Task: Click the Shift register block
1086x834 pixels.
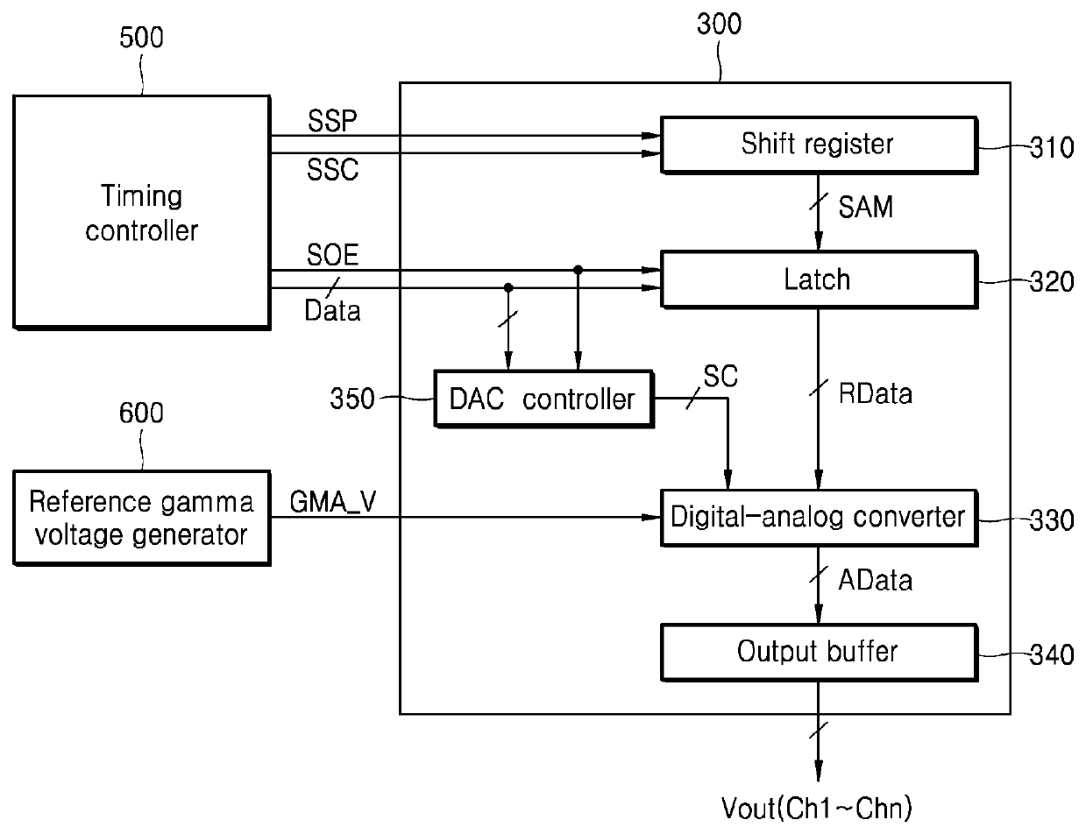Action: click(x=819, y=145)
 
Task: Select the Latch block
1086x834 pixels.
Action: click(x=819, y=279)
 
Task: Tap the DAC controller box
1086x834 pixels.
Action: click(x=543, y=399)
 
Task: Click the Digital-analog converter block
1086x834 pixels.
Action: click(x=819, y=518)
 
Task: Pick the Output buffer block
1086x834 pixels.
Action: click(x=819, y=652)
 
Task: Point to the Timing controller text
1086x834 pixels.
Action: click(x=141, y=213)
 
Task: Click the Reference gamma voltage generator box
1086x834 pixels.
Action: click(x=141, y=518)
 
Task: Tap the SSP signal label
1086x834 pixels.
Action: click(x=332, y=120)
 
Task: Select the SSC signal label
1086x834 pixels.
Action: click(x=332, y=169)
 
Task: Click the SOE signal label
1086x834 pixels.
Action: click(x=332, y=255)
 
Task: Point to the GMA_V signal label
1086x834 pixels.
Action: click(x=333, y=502)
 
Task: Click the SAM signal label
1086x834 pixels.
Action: click(x=866, y=207)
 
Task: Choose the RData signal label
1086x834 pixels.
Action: click(x=875, y=393)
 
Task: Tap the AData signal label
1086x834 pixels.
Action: click(x=875, y=580)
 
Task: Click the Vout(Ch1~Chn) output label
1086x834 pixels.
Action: click(x=817, y=809)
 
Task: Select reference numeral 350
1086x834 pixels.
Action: click(x=351, y=399)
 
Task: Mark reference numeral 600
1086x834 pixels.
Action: click(x=141, y=413)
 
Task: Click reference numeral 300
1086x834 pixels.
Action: click(x=719, y=24)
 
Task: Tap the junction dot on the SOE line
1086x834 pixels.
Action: click(x=578, y=270)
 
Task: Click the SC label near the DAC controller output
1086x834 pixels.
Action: click(x=720, y=376)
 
